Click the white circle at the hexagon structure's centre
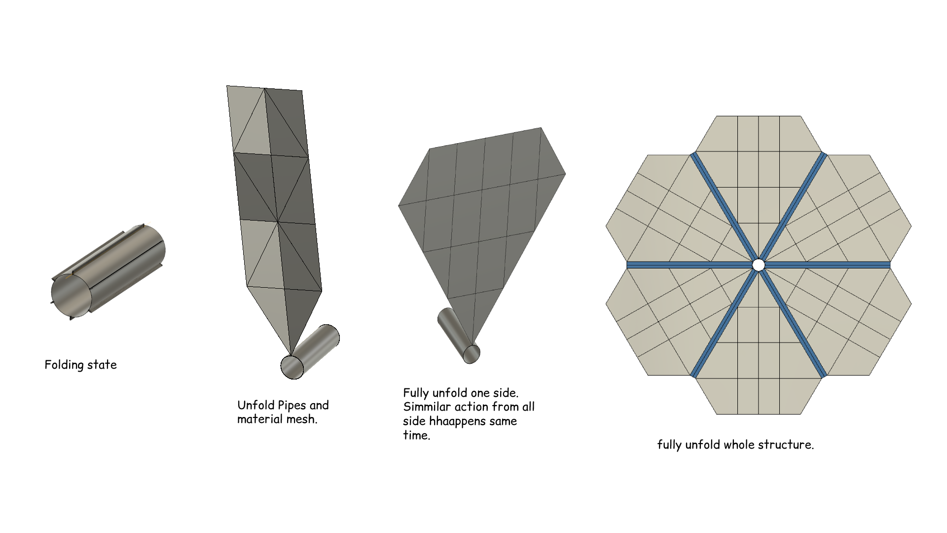tap(759, 265)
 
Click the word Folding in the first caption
tap(63, 365)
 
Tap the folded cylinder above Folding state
tap(109, 272)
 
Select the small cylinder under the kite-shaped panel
tap(458, 336)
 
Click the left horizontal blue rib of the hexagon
tap(690, 265)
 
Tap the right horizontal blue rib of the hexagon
tap(827, 265)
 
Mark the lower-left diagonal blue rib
tap(723, 324)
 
